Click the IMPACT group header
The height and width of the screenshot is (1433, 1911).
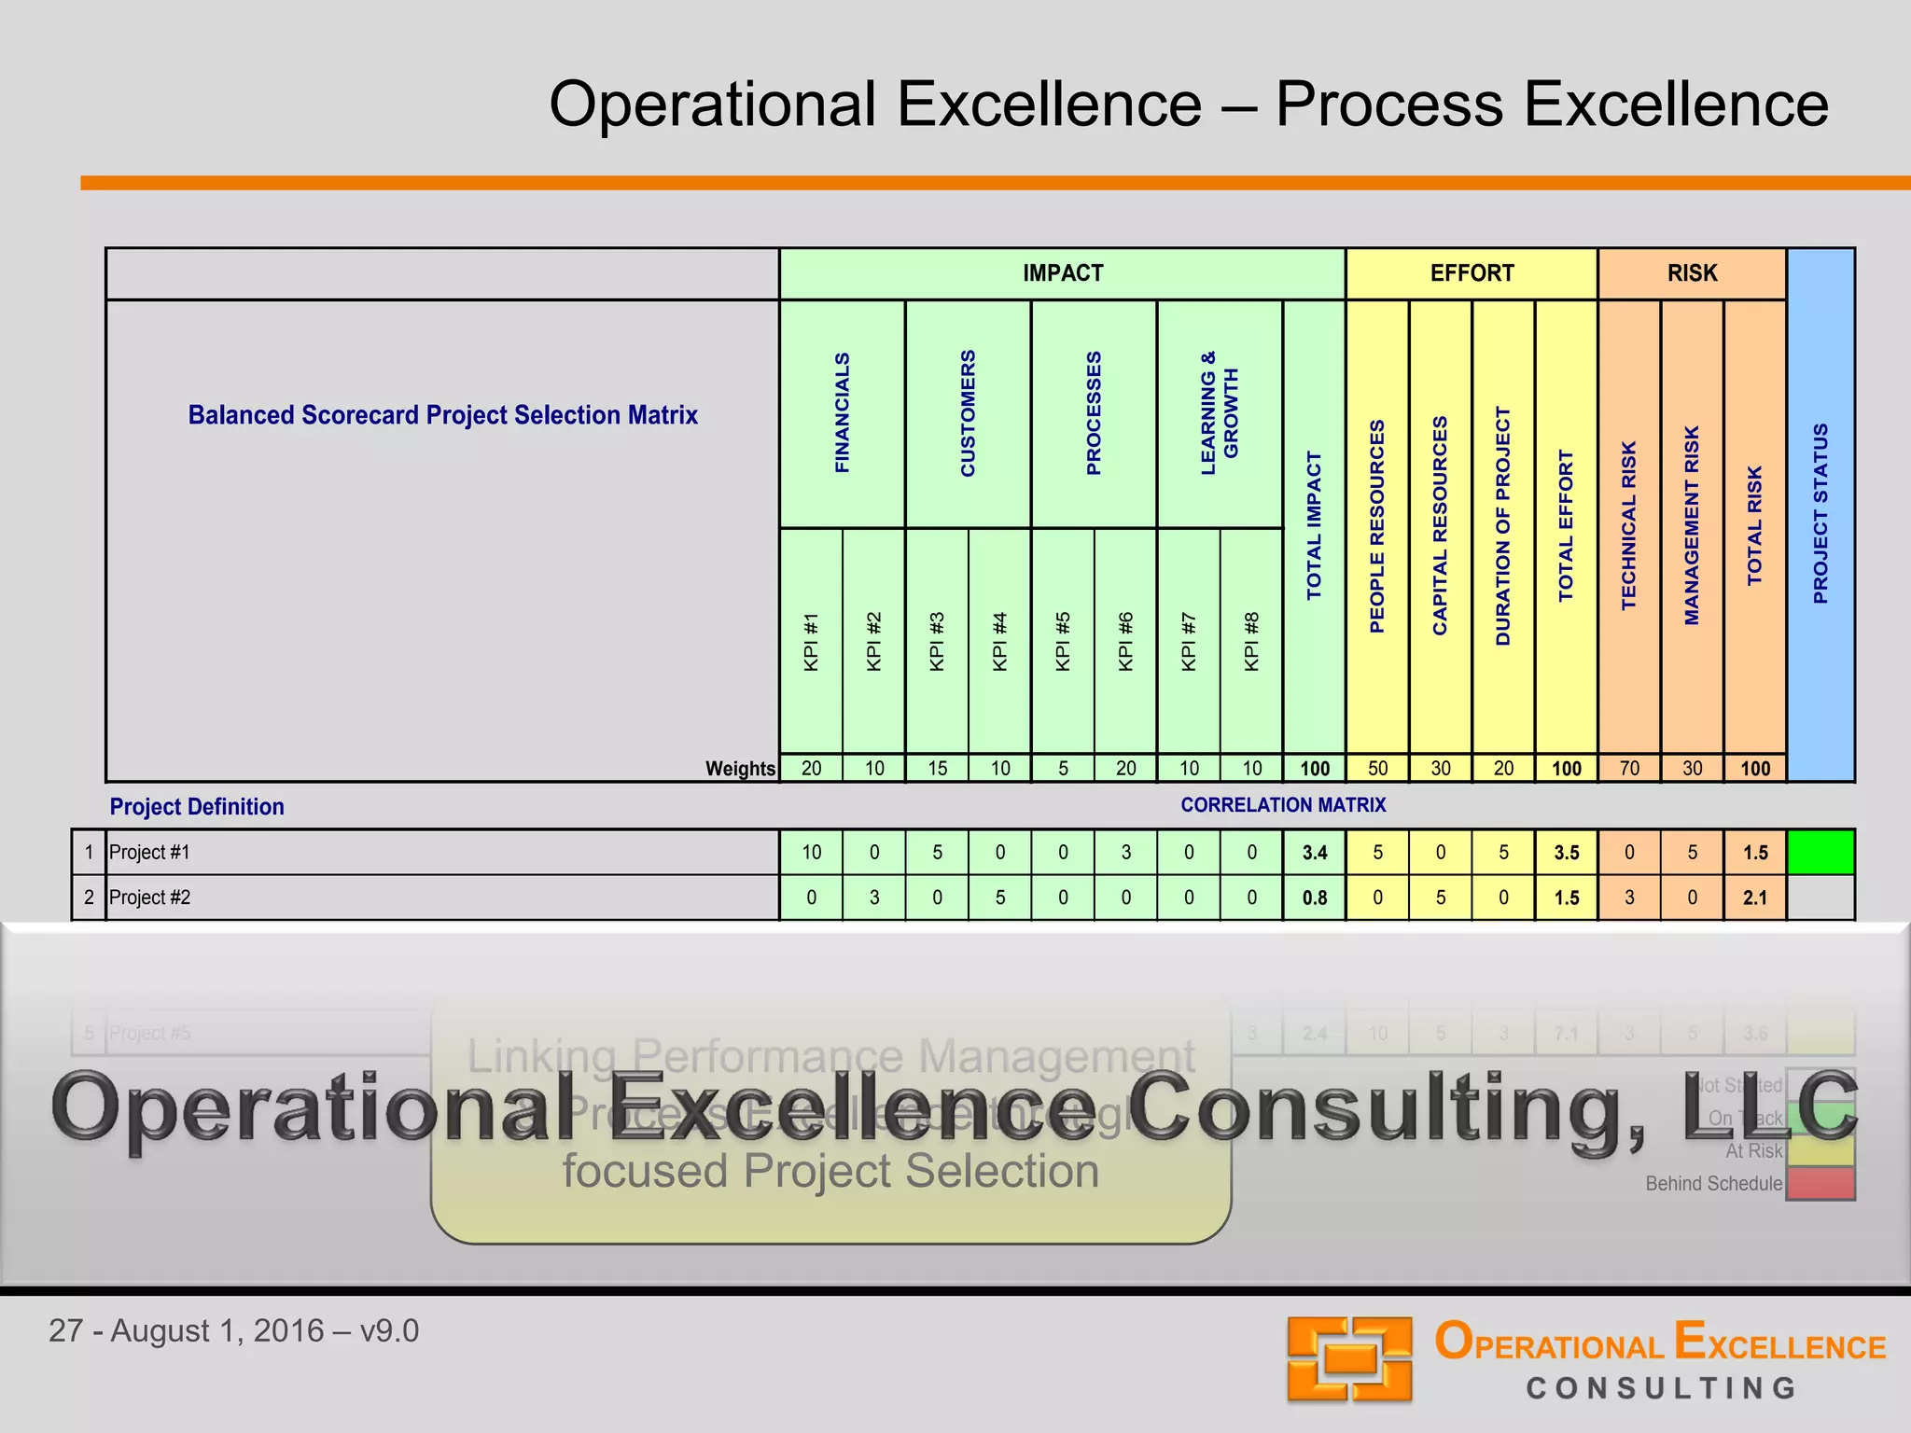tap(1062, 273)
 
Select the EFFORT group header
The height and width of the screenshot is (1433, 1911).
tap(1472, 273)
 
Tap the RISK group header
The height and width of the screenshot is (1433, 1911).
tap(1692, 273)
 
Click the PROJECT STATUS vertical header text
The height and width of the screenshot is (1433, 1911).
tap(1820, 513)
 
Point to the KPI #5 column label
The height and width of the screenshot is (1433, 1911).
tap(1063, 641)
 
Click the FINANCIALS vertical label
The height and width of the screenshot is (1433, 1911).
tap(842, 412)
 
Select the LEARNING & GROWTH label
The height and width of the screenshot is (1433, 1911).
tap(1220, 412)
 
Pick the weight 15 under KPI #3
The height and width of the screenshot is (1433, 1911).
tap(937, 768)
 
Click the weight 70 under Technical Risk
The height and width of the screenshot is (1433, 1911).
tap(1629, 768)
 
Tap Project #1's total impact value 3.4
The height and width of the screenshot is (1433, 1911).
tap(1314, 852)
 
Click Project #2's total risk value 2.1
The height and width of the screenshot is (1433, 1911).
tap(1754, 897)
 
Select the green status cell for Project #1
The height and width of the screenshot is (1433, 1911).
tap(1820, 852)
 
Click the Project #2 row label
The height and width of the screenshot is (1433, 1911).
tap(150, 897)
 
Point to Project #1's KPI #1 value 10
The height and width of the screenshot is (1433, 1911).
tap(811, 852)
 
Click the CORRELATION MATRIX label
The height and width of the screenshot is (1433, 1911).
tap(1282, 804)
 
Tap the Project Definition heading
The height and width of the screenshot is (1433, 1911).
tap(197, 806)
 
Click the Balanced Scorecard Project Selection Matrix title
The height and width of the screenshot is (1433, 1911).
tap(442, 415)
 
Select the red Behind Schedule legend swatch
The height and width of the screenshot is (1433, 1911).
tap(1820, 1183)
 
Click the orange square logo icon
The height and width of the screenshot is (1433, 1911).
tap(1349, 1358)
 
